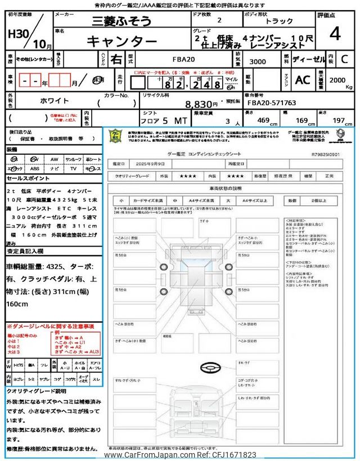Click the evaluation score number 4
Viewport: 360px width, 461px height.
coord(335,35)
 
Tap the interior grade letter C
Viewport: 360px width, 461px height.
coord(344,59)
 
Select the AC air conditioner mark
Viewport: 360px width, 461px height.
coord(302,80)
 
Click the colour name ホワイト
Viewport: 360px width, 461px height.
coord(55,100)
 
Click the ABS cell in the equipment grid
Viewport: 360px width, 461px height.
coord(34,168)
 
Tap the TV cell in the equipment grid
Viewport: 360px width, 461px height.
coord(73,168)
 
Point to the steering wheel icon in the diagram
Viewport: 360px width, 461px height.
coord(210,367)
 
